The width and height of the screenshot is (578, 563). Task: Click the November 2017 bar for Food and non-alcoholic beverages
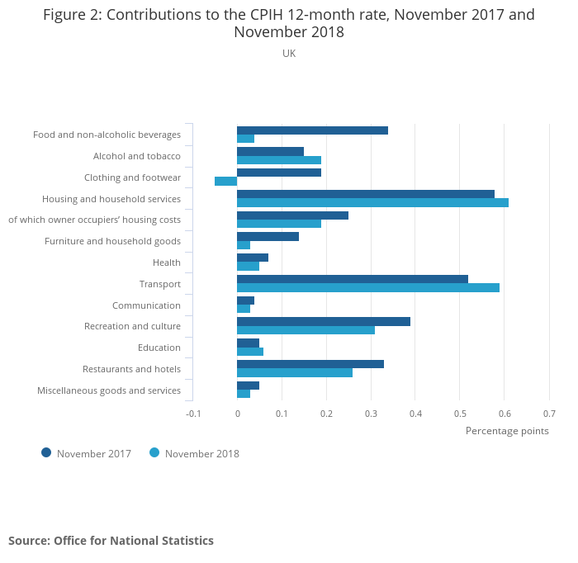pos(312,130)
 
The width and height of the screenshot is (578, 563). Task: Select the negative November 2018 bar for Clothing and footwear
pos(225,182)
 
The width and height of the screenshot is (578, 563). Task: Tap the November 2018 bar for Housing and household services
pos(372,202)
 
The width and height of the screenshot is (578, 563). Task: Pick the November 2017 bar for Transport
pos(353,279)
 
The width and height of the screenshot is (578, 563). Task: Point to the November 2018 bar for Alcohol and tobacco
pos(279,160)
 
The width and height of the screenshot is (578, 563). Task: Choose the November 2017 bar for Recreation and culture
pos(324,321)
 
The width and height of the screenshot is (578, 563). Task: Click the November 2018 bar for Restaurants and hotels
pos(295,372)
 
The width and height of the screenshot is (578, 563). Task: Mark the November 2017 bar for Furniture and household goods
pos(268,236)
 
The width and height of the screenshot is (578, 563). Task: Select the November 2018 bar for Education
pos(250,352)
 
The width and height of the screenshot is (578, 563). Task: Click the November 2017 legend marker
pos(46,452)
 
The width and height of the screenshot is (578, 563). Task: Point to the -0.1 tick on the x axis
pos(193,414)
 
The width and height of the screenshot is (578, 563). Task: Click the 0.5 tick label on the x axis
pos(460,414)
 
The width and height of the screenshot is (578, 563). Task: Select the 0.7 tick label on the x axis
pos(549,414)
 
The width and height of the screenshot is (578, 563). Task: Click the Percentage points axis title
pos(507,430)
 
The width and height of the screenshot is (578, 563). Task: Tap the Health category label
pos(167,263)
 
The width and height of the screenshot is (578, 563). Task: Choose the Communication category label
pos(146,305)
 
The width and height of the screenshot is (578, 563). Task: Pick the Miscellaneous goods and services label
pos(109,390)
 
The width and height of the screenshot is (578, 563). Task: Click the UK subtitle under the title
pos(289,54)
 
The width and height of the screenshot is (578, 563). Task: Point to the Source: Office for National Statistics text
pos(111,541)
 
